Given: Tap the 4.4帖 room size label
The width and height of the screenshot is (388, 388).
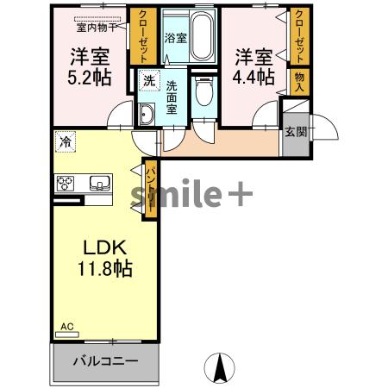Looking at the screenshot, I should pyautogui.click(x=254, y=77).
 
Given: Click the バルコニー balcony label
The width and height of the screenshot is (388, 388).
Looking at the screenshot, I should pyautogui.click(x=104, y=360).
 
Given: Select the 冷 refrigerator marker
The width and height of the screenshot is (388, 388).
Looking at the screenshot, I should pyautogui.click(x=66, y=138).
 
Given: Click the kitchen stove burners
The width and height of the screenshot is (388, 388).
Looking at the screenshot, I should pyautogui.click(x=66, y=184).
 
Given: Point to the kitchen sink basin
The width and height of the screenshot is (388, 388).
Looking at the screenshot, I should pyautogui.click(x=97, y=184).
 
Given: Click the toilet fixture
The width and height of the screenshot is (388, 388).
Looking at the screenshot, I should pyautogui.click(x=203, y=94).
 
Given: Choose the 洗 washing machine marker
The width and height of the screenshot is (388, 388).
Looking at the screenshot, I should pyautogui.click(x=148, y=81).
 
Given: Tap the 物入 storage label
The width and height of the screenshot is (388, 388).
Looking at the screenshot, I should pyautogui.click(x=300, y=82).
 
